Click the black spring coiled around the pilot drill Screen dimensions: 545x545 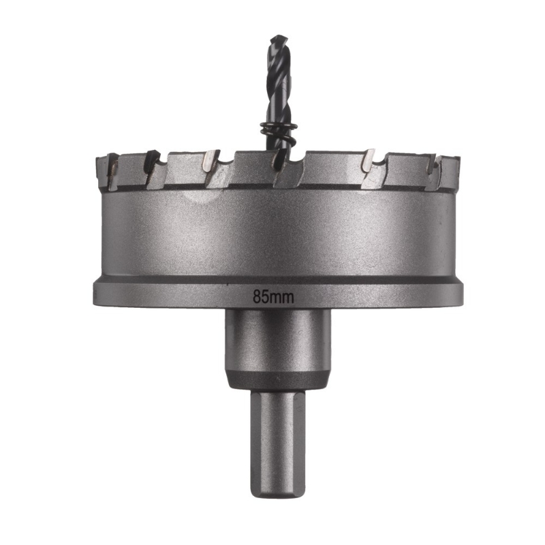277,132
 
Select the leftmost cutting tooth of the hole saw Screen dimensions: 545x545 110,170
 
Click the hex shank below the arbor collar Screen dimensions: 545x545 278,443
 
